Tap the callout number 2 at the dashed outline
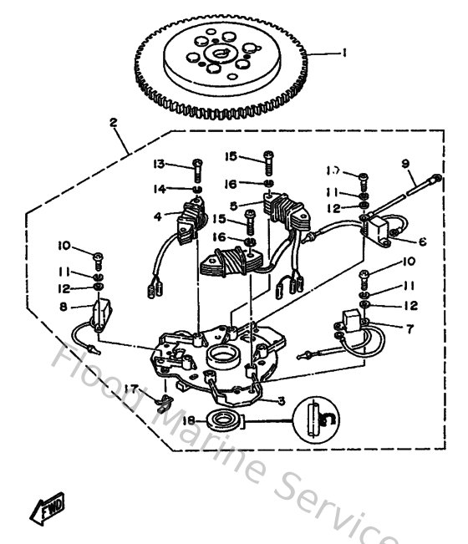pyautogui.click(x=114, y=122)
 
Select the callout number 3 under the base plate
pyautogui.click(x=282, y=400)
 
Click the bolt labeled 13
pyautogui.click(x=196, y=170)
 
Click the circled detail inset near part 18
pyautogui.click(x=317, y=417)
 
